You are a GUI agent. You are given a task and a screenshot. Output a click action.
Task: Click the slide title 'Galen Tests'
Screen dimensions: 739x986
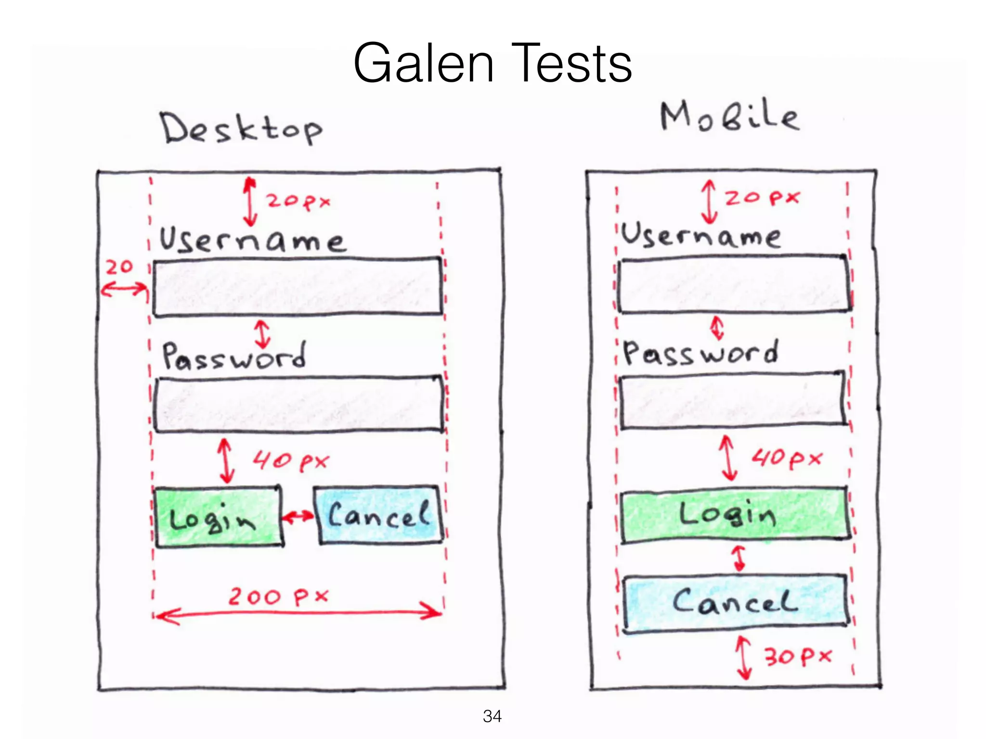[x=492, y=64]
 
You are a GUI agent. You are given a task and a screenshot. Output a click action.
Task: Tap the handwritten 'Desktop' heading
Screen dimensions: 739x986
[x=241, y=128]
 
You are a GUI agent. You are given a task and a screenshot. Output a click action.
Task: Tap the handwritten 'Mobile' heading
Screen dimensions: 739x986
[x=729, y=117]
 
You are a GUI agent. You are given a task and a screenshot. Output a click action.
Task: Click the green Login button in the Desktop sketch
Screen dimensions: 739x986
[x=218, y=517]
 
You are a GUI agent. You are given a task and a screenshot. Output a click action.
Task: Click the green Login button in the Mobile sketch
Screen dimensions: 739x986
[x=734, y=514]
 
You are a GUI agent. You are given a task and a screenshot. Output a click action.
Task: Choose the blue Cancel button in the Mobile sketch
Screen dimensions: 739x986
[x=735, y=602]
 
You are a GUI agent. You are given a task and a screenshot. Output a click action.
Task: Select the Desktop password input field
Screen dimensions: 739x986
[x=298, y=404]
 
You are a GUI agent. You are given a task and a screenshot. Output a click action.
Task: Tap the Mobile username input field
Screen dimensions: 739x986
[x=734, y=284]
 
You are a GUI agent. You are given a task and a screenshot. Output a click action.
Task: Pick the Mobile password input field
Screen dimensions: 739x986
[x=732, y=399]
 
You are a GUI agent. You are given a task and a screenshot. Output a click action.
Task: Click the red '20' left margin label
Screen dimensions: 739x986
[x=119, y=267]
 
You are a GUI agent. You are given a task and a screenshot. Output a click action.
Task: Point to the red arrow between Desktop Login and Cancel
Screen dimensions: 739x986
[x=298, y=517]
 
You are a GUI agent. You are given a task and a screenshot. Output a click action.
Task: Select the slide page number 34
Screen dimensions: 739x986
[x=492, y=716]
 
